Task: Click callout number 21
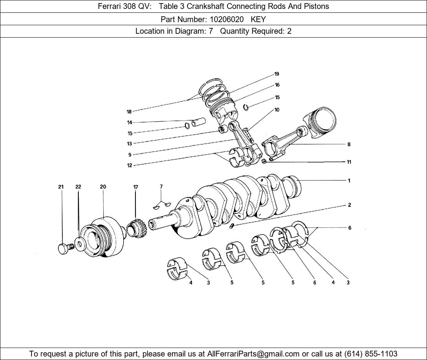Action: [61, 187]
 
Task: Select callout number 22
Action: [78, 187]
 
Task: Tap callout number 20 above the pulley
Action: [103, 187]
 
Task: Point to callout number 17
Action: [135, 187]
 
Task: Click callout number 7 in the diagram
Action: [161, 187]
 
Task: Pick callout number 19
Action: [276, 74]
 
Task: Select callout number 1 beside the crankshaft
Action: [349, 180]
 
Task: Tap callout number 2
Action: [349, 205]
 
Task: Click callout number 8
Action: [349, 144]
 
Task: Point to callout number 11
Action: [349, 162]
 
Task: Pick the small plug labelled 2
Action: [231, 225]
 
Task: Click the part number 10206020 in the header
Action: [221, 19]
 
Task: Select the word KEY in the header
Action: [258, 19]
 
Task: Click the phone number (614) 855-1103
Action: [371, 354]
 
